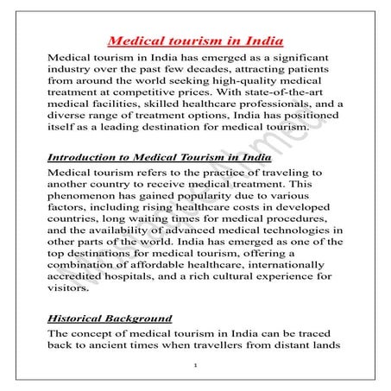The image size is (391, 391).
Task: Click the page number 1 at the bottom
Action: [x=197, y=368]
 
